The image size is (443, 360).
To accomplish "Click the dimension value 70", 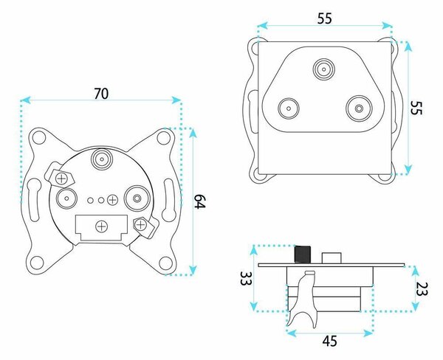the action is (x=101, y=94).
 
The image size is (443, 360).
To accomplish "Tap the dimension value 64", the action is (x=200, y=201).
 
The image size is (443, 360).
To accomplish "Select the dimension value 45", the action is (x=329, y=341).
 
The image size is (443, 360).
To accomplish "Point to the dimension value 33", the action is (x=246, y=278).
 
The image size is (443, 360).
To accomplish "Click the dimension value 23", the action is (x=422, y=289).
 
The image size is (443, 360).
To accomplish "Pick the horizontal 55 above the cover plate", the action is (x=325, y=18).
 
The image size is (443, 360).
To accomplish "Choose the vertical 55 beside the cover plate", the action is (x=416, y=108).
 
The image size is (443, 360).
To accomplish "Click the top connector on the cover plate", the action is (x=323, y=69).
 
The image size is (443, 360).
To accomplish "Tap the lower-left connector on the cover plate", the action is (x=289, y=108).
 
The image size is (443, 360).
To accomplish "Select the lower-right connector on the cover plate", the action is (x=359, y=108).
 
